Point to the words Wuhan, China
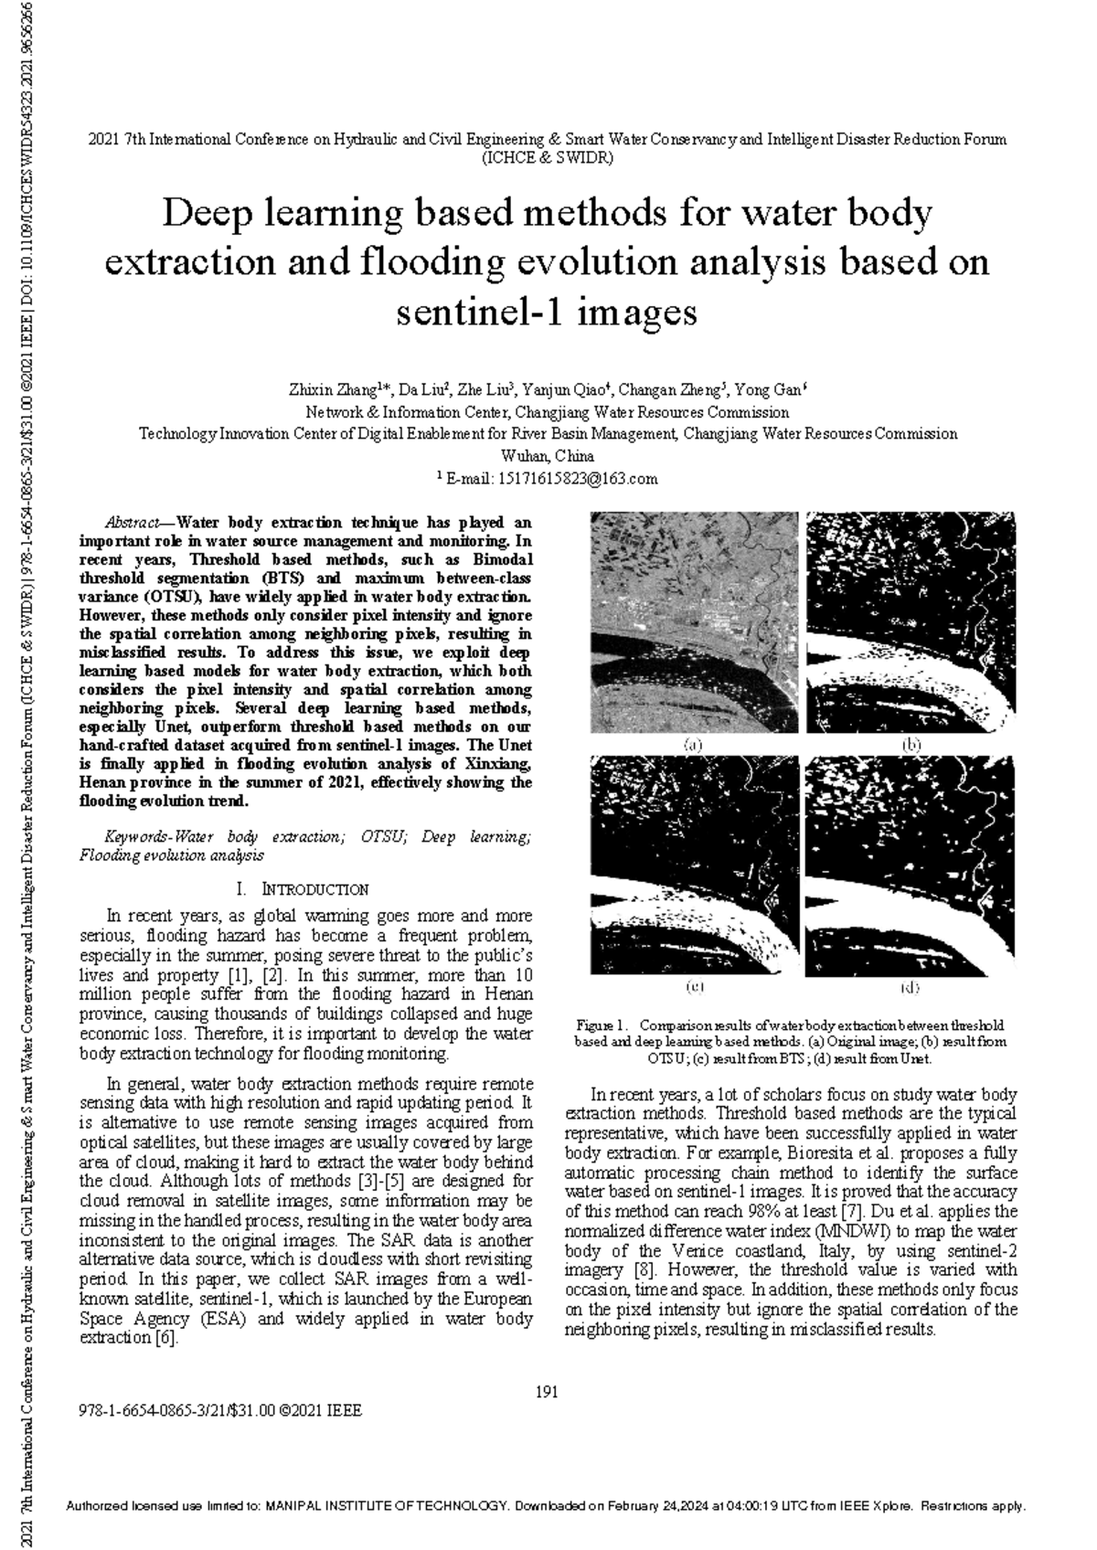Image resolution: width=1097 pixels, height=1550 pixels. click(x=548, y=456)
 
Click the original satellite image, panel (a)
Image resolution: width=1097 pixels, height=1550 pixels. click(x=694, y=622)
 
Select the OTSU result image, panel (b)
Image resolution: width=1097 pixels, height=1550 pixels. click(x=910, y=622)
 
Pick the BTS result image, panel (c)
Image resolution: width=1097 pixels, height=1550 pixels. click(x=694, y=865)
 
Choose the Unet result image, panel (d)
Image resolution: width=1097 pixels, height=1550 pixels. click(x=910, y=865)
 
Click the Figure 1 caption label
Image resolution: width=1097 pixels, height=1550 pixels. click(x=600, y=1024)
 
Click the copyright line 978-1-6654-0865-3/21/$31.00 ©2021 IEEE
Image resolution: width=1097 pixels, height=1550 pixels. click(x=221, y=1411)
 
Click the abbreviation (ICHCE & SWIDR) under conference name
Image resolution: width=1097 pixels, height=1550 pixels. click(x=548, y=157)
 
